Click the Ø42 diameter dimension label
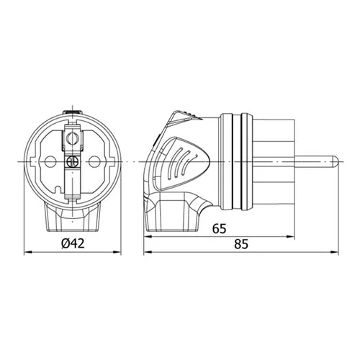[73, 243]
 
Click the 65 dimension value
[219, 228]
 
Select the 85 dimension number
[241, 244]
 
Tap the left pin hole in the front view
[50, 161]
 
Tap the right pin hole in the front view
[94, 161]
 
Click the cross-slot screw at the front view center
[73, 161]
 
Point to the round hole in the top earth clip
[71, 138]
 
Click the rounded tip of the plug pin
[335, 161]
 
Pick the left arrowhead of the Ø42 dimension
[28, 252]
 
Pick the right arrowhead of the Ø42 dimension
[117, 252]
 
